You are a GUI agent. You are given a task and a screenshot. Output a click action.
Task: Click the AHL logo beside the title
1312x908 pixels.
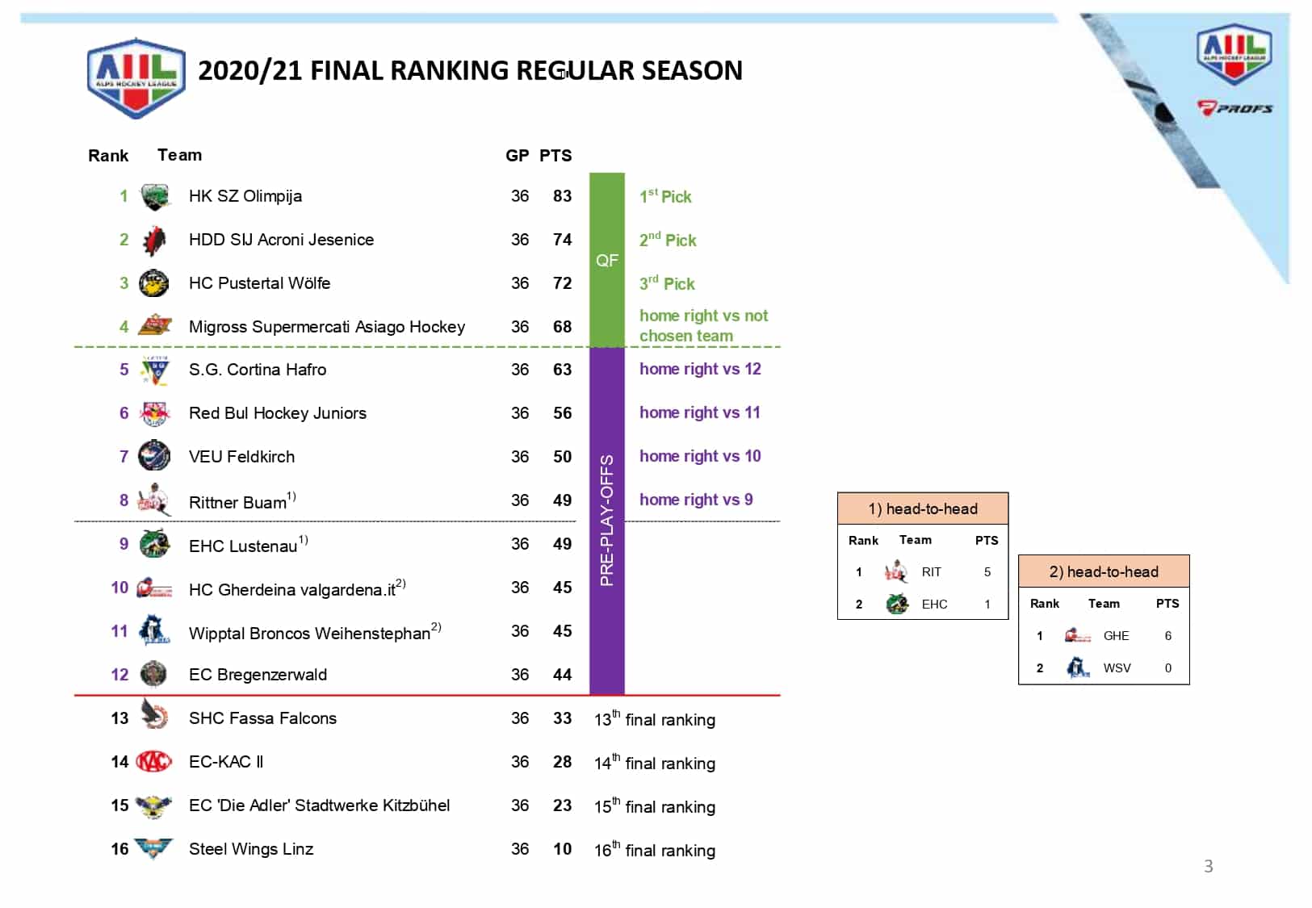pyautogui.click(x=136, y=77)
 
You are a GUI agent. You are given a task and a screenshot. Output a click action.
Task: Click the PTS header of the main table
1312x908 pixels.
pyautogui.click(x=555, y=156)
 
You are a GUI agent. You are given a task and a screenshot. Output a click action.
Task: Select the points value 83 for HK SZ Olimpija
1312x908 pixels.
pyautogui.click(x=562, y=196)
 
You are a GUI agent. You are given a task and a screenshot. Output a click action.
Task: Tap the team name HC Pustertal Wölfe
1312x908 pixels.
pyautogui.click(x=259, y=283)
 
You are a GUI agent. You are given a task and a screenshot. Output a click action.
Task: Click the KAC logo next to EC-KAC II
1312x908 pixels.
pyautogui.click(x=153, y=761)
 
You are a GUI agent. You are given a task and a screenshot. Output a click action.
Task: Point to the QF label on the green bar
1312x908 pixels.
pyautogui.click(x=607, y=260)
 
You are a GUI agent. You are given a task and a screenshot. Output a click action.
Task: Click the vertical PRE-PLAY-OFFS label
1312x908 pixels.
pyautogui.click(x=607, y=521)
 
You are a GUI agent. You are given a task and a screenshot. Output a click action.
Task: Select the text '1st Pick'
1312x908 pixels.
pyautogui.click(x=665, y=196)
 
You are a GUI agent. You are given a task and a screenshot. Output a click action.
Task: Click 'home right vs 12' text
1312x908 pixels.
pyautogui.click(x=700, y=369)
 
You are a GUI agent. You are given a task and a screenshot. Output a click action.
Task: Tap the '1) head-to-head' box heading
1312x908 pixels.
pyautogui.click(x=923, y=508)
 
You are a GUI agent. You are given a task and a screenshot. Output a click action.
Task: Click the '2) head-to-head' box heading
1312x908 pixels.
pyautogui.click(x=1104, y=571)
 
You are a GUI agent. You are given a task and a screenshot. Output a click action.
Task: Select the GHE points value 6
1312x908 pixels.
pyautogui.click(x=1167, y=636)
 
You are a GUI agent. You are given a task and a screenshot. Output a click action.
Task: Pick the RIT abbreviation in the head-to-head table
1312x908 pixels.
pyautogui.click(x=931, y=572)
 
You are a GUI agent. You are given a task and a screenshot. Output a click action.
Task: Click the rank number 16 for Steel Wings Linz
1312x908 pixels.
pyautogui.click(x=119, y=849)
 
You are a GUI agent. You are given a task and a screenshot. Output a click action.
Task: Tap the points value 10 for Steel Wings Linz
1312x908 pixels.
pyautogui.click(x=562, y=849)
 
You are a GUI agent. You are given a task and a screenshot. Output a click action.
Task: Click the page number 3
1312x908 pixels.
pyautogui.click(x=1208, y=866)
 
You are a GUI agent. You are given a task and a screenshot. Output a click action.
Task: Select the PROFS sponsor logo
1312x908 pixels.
pyautogui.click(x=1234, y=108)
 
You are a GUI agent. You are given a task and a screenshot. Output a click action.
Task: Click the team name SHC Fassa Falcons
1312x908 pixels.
pyautogui.click(x=262, y=718)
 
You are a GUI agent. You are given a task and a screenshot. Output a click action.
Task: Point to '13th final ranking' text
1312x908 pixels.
pyautogui.click(x=655, y=719)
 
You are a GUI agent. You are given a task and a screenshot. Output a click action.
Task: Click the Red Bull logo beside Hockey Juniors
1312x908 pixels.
pyautogui.click(x=154, y=413)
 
